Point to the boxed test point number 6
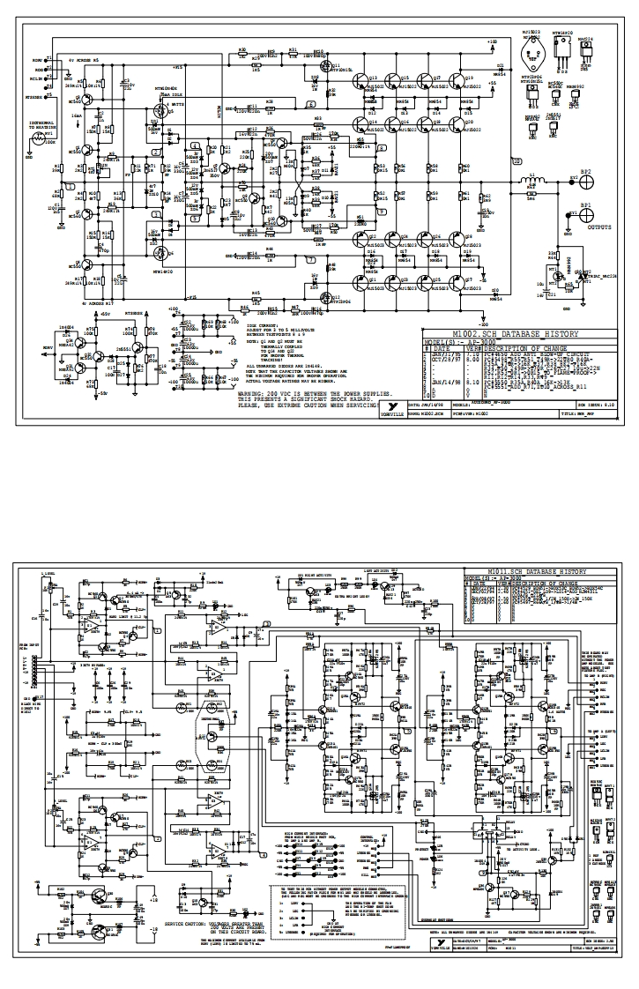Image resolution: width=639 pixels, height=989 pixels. (311, 104)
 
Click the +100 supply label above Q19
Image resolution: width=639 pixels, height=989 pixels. (491, 41)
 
